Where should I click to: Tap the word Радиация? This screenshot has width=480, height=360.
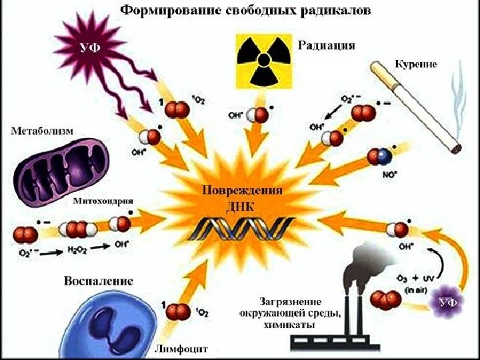326,45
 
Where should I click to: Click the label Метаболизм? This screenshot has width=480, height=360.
41,130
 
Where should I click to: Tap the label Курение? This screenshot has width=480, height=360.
415,64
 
